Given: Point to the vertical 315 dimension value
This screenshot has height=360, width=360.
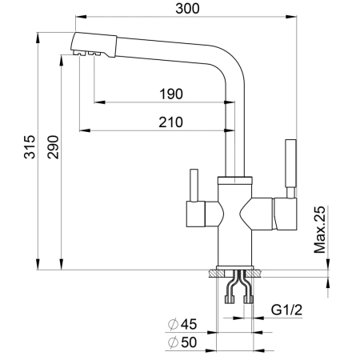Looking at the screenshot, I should point(29,151).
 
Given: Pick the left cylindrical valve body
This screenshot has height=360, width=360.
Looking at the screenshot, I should point(205,214).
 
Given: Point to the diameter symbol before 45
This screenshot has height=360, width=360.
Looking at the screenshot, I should point(174,326).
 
